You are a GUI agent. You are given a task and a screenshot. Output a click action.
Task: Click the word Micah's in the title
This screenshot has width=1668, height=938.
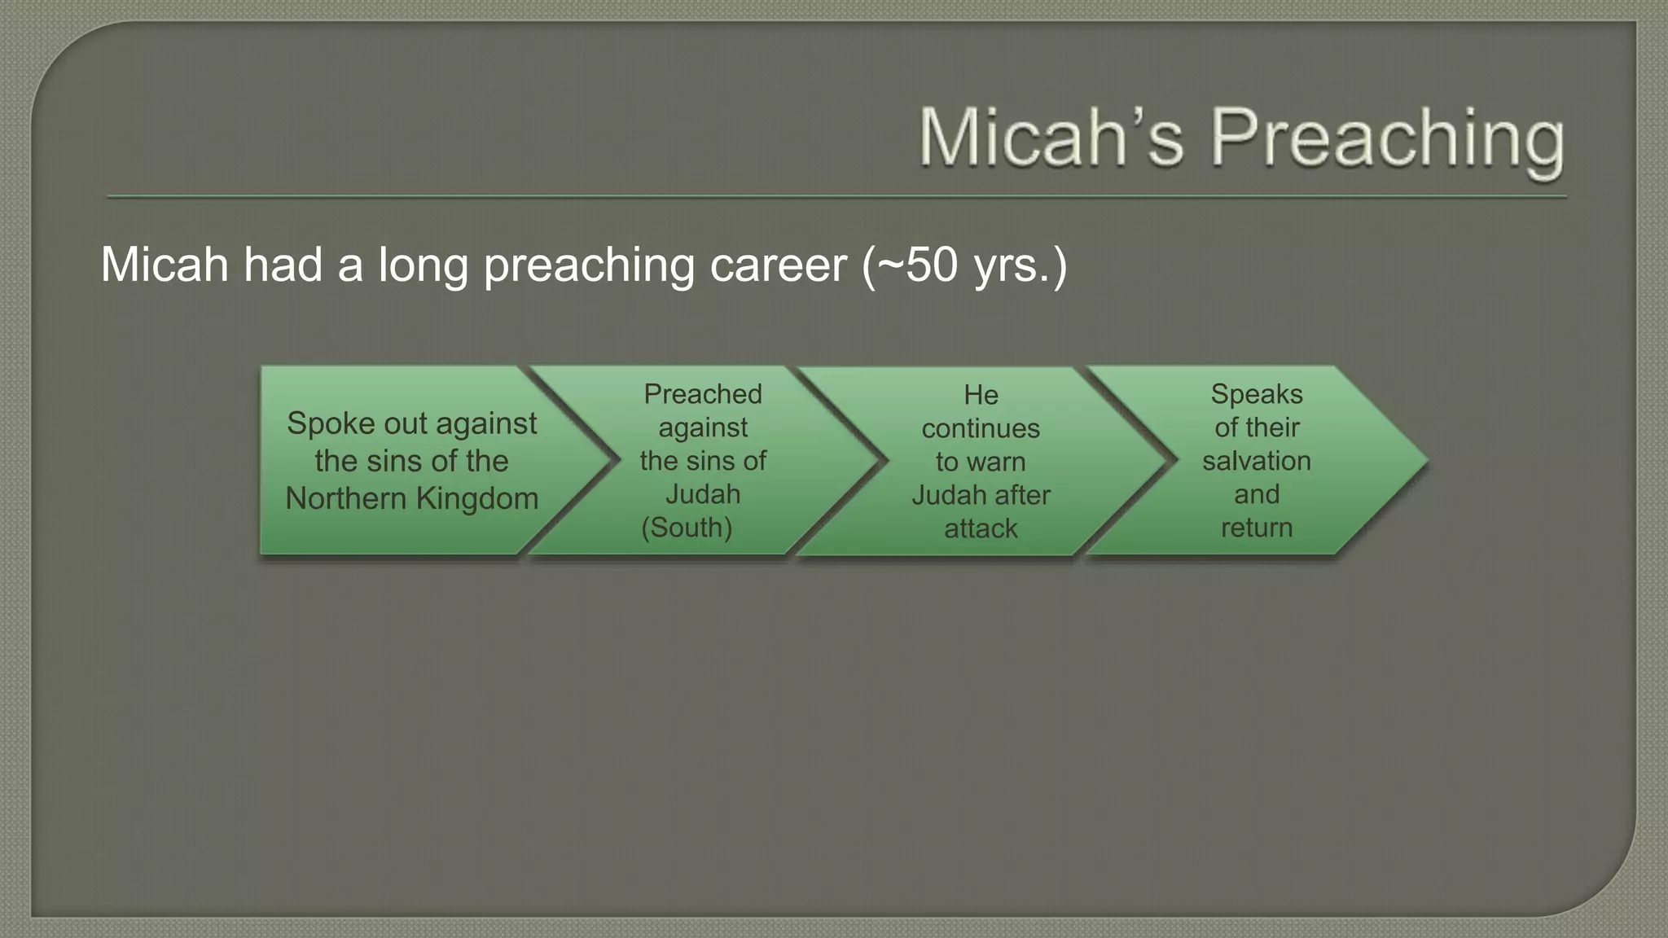(1051, 138)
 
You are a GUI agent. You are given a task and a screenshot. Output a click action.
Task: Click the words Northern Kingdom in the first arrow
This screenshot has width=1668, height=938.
(411, 498)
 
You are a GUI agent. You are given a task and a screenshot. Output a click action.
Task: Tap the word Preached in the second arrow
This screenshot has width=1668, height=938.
(702, 394)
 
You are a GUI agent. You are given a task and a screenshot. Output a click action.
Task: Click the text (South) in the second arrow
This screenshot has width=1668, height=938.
(687, 528)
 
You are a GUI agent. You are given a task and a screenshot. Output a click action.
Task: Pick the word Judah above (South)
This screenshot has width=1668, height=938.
(702, 494)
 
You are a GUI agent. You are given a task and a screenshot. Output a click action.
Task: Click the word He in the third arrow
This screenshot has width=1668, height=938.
(981, 395)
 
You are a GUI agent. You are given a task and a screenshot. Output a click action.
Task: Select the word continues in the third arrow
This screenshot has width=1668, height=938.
(981, 428)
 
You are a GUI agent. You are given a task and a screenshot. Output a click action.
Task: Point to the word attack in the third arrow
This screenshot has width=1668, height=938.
(981, 528)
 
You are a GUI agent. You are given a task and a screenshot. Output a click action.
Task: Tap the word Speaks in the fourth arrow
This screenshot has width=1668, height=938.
(1256, 394)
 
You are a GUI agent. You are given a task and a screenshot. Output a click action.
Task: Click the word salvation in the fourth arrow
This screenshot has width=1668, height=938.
(1256, 461)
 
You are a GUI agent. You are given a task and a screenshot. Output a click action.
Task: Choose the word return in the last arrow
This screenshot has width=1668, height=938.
(1256, 528)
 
